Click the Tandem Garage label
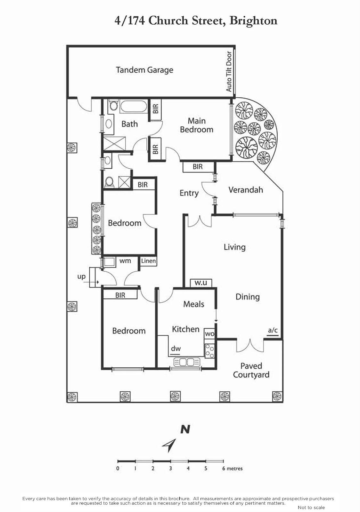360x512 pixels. pyautogui.click(x=144, y=70)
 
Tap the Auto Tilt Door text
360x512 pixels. pyautogui.click(x=229, y=71)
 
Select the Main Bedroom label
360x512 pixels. pyautogui.click(x=196, y=125)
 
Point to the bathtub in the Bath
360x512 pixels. pyautogui.click(x=133, y=106)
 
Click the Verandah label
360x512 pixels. pyautogui.click(x=246, y=190)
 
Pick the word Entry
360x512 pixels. pyautogui.click(x=189, y=193)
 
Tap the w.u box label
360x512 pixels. pyautogui.click(x=201, y=283)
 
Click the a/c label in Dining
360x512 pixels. pyautogui.click(x=273, y=330)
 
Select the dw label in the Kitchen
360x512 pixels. pyautogui.click(x=176, y=349)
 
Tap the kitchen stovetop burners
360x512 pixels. pyautogui.click(x=209, y=351)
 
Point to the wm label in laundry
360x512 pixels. pyautogui.click(x=125, y=261)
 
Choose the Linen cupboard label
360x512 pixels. pyautogui.click(x=148, y=261)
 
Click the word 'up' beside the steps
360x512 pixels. pyautogui.click(x=81, y=276)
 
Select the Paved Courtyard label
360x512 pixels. pyautogui.click(x=251, y=370)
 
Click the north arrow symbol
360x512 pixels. pyautogui.click(x=169, y=445)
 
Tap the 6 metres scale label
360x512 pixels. pyautogui.click(x=233, y=468)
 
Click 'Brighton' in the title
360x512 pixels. pyautogui.click(x=253, y=20)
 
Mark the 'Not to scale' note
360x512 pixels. pyautogui.click(x=311, y=508)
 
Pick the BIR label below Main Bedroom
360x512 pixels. pyautogui.click(x=198, y=167)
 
